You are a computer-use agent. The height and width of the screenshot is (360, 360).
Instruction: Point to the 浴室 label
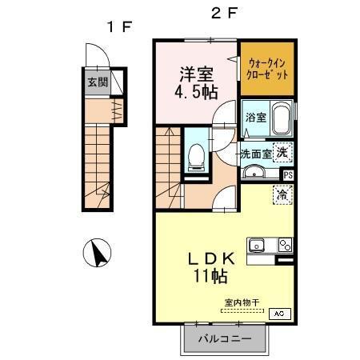point(256,117)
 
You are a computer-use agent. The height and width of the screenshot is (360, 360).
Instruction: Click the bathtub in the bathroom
point(282,119)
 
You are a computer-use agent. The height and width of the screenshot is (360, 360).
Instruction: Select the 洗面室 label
point(256,153)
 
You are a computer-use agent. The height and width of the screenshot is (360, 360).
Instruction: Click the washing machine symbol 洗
point(282,152)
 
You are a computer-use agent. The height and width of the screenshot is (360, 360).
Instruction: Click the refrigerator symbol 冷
point(282,194)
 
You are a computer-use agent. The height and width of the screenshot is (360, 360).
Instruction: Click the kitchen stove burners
point(283,246)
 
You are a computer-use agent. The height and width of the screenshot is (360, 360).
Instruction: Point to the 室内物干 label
point(241,302)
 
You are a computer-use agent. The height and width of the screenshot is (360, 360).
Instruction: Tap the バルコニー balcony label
point(225,338)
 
